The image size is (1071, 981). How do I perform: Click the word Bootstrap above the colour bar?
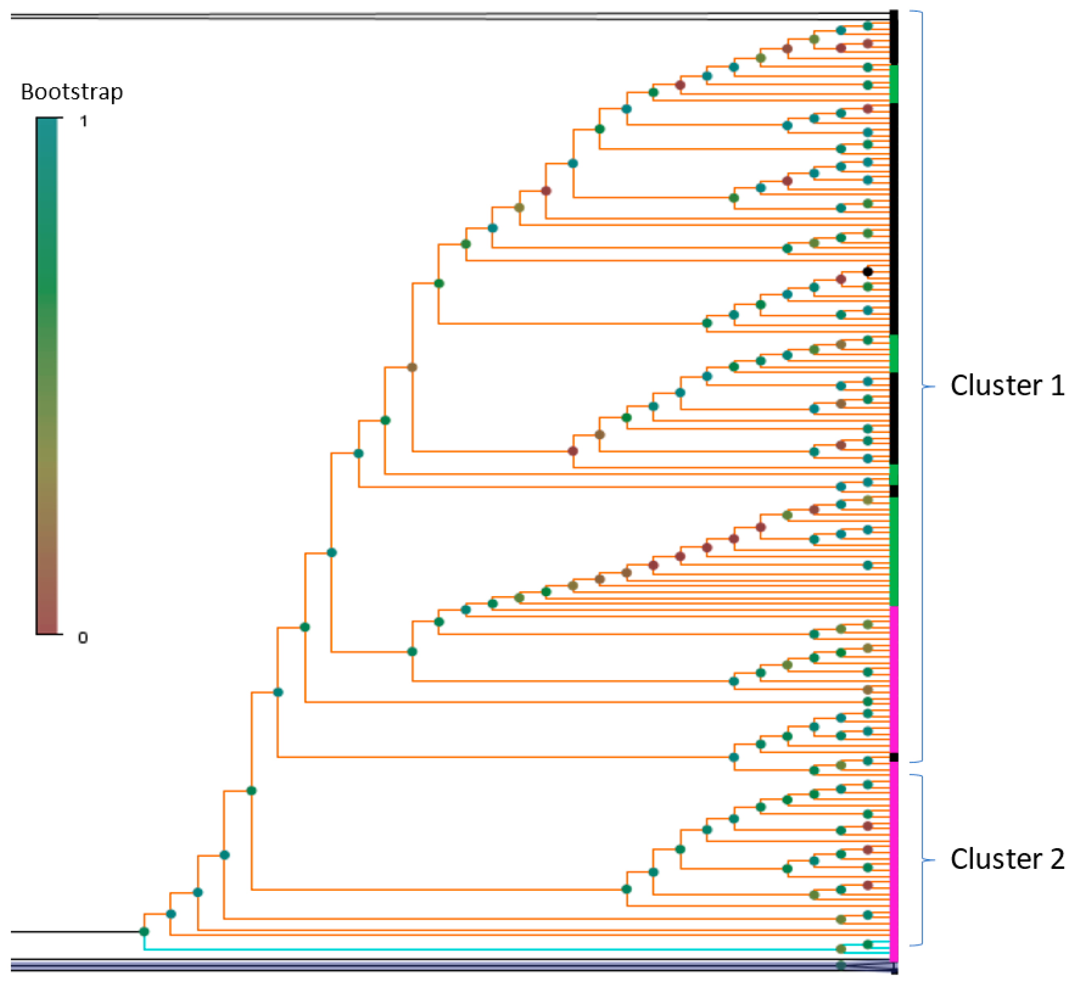click(72, 92)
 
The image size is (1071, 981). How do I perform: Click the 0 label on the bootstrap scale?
click(83, 637)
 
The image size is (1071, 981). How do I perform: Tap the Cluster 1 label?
click(1007, 386)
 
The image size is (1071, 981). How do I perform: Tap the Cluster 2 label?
click(1007, 859)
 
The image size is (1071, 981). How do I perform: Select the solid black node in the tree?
click(867, 272)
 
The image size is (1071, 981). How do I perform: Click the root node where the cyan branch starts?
click(144, 932)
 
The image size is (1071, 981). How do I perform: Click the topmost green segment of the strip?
click(894, 83)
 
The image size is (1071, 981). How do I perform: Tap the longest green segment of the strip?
click(894, 551)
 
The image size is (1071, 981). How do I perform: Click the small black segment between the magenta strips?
click(894, 757)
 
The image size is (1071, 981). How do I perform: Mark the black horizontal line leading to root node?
click(74, 932)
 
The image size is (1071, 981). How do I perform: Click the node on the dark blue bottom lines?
click(841, 965)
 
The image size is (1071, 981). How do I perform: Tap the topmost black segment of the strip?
click(894, 37)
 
